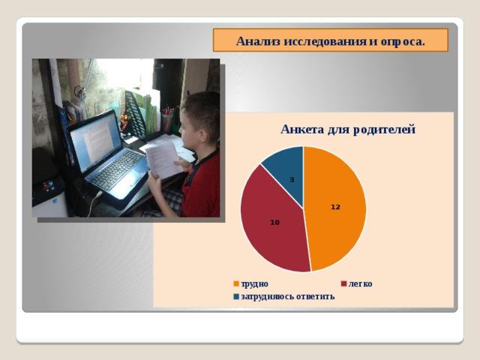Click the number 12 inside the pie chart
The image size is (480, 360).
(x=335, y=207)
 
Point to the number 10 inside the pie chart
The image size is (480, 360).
(x=275, y=223)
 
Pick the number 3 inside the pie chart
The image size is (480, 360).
(x=292, y=180)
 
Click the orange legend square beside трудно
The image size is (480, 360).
(x=236, y=283)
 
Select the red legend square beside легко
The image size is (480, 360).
(x=343, y=283)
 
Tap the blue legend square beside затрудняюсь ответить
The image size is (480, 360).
(x=236, y=297)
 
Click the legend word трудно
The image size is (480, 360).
(x=255, y=284)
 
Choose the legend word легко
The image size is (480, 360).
(x=360, y=284)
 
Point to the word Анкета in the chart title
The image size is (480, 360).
(x=302, y=129)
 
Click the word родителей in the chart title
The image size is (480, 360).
(x=384, y=130)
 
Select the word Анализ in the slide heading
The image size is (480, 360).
(x=258, y=41)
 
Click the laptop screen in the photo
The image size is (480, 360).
(x=95, y=140)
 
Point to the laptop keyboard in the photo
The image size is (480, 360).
(x=118, y=169)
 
